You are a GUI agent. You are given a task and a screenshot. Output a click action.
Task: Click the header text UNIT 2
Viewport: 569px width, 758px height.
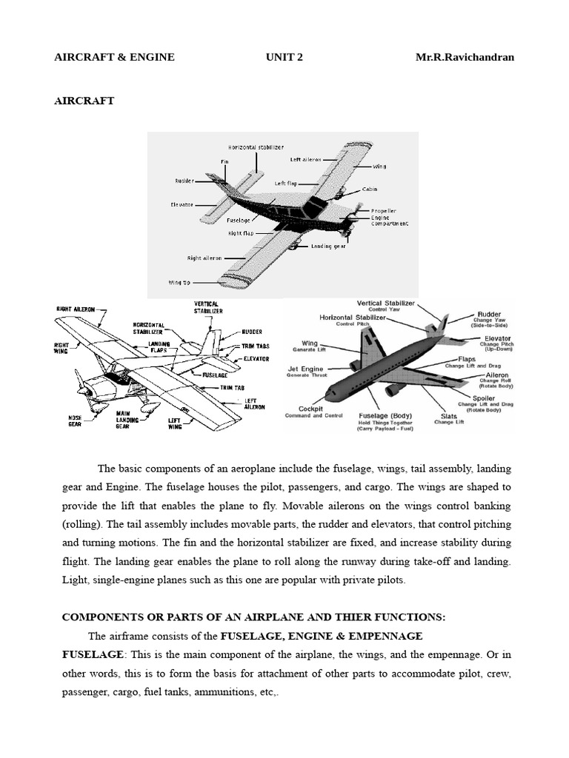[284, 57]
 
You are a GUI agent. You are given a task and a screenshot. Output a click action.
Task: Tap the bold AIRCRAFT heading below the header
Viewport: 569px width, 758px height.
[84, 101]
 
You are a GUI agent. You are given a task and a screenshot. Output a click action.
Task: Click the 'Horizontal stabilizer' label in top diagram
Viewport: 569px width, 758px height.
[256, 147]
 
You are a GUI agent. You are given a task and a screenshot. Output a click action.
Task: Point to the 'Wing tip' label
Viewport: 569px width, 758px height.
[179, 282]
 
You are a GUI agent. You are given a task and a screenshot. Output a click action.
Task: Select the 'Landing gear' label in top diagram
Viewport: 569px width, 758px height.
[328, 246]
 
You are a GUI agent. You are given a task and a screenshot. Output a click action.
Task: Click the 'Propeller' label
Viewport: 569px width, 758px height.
[383, 211]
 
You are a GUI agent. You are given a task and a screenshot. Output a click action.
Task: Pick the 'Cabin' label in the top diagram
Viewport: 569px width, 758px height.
[370, 189]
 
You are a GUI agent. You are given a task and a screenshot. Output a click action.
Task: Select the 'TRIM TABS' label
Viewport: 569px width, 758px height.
[255, 346]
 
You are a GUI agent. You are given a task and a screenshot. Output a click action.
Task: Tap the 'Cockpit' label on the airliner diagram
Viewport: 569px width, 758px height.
[310, 409]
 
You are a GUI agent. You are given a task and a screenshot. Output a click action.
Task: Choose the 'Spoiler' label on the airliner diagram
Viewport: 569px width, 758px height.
[485, 398]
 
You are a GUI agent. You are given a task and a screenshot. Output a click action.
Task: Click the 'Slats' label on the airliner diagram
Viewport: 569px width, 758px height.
[448, 416]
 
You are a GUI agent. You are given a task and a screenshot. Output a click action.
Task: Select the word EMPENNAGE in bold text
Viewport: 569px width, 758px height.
[379, 636]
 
